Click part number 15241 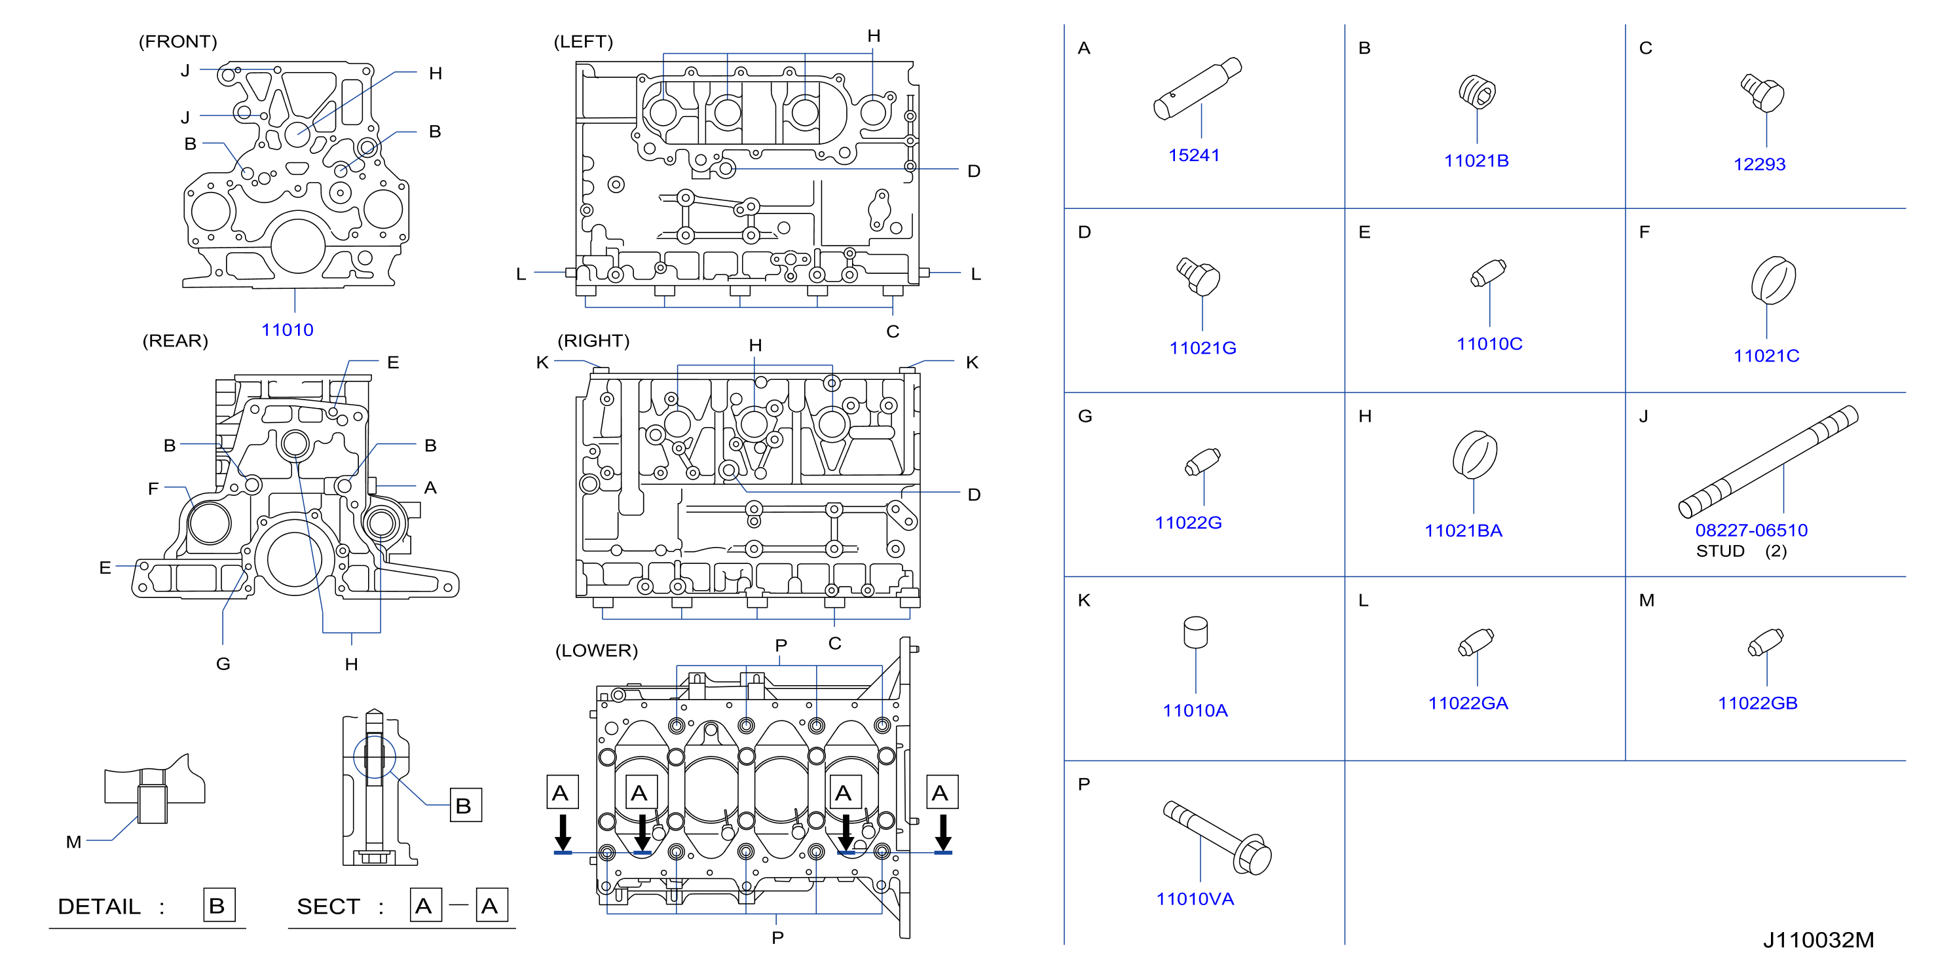click(1194, 155)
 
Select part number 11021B click(1476, 161)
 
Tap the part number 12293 click(1759, 164)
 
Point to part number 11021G click(1203, 348)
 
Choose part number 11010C click(1489, 345)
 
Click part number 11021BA click(1463, 531)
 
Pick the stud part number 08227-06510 click(1751, 531)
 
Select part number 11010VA click(1195, 899)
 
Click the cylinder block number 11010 click(288, 330)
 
